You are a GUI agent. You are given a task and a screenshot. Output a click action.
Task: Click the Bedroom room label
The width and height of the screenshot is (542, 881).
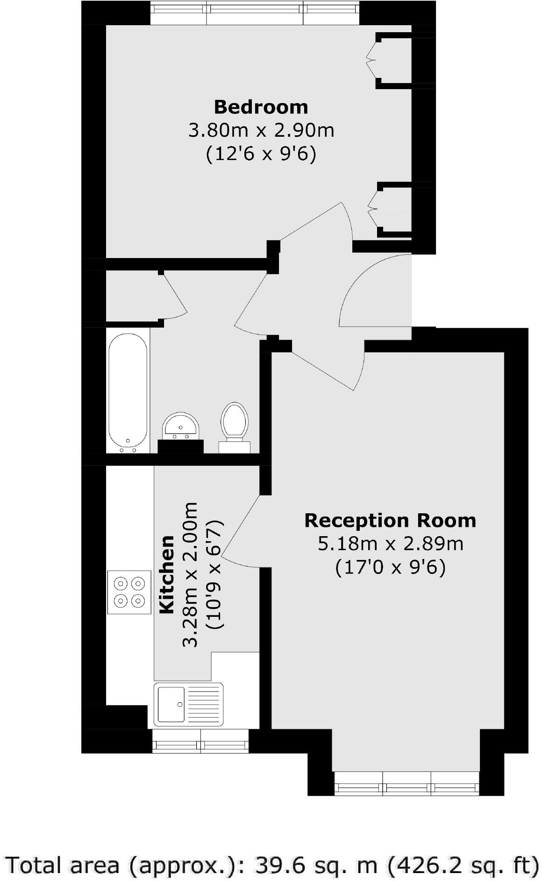(261, 107)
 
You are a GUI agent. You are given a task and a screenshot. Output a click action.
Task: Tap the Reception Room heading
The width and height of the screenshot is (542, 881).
(390, 520)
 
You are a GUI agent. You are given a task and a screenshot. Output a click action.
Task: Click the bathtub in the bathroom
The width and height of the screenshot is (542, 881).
(128, 390)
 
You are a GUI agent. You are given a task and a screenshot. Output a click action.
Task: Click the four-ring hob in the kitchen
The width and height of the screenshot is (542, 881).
(129, 592)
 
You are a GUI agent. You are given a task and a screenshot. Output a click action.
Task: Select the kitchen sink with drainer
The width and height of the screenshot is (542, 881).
(189, 704)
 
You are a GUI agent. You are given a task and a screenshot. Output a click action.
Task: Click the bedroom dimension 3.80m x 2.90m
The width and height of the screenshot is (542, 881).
(261, 130)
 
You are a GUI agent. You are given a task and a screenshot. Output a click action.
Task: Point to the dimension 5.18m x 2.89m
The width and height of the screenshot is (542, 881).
(390, 544)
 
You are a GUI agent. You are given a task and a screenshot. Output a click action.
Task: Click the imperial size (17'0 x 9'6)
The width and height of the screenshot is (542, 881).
(390, 567)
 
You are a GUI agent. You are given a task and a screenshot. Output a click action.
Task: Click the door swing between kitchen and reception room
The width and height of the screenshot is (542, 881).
(241, 532)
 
